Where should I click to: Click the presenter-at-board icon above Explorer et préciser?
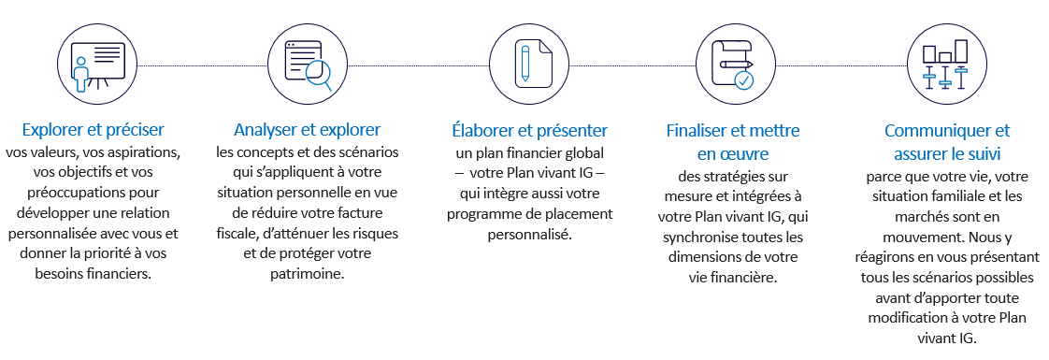pyautogui.click(x=93, y=65)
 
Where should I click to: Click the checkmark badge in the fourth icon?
pyautogui.click(x=743, y=79)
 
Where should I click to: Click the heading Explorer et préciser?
pyautogui.click(x=93, y=130)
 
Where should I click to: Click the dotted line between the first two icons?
pyautogui.click(x=197, y=66)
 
